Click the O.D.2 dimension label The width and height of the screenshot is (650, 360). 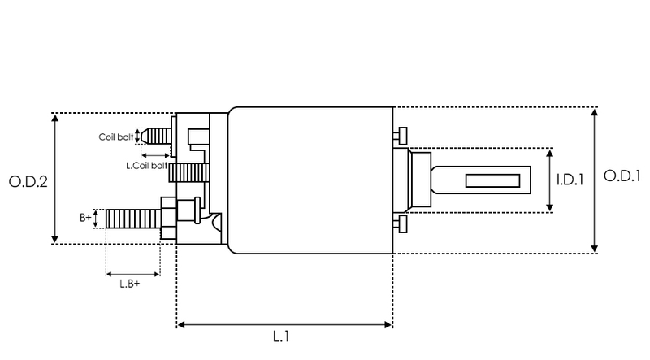point(28,182)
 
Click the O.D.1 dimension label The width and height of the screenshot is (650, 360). point(622,176)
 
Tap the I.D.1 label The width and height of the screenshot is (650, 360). point(570,180)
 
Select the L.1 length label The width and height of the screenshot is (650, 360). point(281,336)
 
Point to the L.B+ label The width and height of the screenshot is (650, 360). point(130,284)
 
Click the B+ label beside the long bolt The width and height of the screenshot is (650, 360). point(85,217)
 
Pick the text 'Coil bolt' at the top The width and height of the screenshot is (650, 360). point(116,137)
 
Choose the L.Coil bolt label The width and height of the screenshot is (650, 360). point(147,166)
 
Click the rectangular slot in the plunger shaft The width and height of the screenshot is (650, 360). point(492,181)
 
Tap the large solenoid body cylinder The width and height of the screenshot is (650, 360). point(310,180)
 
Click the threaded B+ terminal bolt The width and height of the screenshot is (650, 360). point(133,219)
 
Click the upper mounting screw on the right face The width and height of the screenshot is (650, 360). point(400,136)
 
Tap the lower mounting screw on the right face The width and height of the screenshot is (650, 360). point(400,224)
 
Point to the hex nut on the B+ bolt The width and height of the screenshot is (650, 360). point(169,218)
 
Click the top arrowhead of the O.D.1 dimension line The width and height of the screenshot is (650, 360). point(595,112)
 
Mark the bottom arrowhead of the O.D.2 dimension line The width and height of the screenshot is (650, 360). point(54,239)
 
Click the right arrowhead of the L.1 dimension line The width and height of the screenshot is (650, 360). point(388,325)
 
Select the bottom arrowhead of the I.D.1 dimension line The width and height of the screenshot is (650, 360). point(550,207)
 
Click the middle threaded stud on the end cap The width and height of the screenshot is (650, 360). point(189,172)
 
